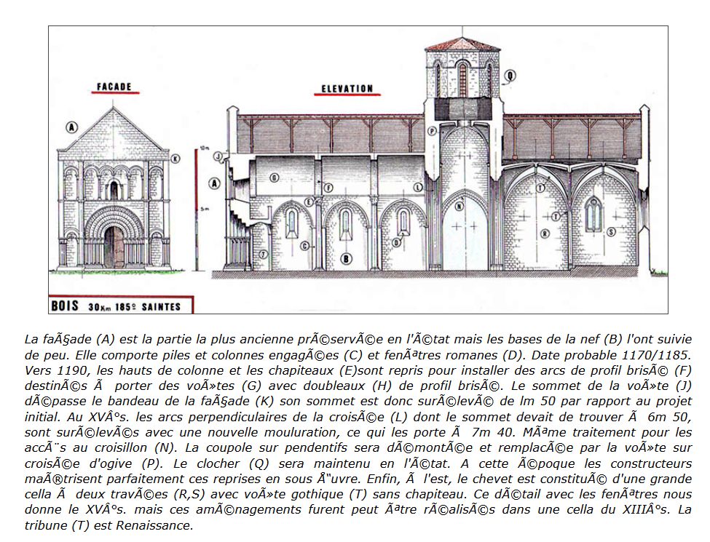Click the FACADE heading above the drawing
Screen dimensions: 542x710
114,87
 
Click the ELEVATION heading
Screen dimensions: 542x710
347,89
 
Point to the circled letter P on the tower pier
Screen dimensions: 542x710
432,131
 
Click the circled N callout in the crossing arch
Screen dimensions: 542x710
459,207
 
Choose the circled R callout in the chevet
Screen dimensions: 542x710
545,233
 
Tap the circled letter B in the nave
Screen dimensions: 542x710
347,258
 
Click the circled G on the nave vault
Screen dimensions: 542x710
275,178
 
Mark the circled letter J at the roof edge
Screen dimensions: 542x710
218,156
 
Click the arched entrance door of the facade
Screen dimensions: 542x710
114,247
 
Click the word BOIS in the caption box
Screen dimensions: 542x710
65,306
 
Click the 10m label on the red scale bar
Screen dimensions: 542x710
205,148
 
